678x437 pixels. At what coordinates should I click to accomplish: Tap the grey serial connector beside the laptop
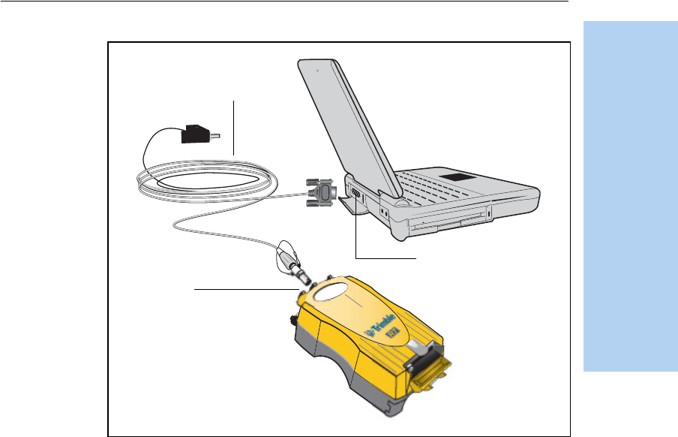(321, 193)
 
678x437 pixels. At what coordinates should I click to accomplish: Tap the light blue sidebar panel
(629, 203)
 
